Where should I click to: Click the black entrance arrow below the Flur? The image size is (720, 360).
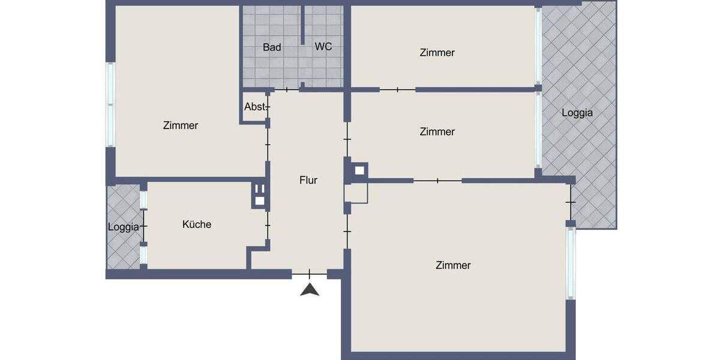pos(309,290)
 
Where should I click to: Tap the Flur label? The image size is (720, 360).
pos(308,180)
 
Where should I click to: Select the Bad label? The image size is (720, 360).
pos(272,47)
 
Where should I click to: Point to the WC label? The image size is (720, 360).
pos(323,47)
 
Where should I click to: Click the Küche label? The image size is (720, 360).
pos(197,224)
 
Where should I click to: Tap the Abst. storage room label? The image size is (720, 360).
pos(255,107)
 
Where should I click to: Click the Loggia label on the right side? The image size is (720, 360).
pos(577,112)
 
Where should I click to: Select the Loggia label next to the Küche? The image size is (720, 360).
pos(124,227)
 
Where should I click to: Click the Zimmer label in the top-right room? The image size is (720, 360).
pos(437,53)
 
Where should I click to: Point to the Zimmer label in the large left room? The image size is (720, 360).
pos(181,125)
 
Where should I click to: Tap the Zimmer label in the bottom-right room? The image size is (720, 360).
pos(453,265)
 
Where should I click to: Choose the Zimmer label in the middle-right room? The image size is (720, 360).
pos(437,131)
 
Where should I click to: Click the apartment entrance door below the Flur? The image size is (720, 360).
pos(309,274)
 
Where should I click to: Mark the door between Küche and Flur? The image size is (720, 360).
pos(268,225)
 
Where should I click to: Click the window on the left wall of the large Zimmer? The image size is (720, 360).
pos(110,104)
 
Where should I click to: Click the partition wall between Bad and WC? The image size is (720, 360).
pos(303,24)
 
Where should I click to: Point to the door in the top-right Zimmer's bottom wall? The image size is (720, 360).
pos(398,90)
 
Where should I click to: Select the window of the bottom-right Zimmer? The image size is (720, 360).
pos(571,262)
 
